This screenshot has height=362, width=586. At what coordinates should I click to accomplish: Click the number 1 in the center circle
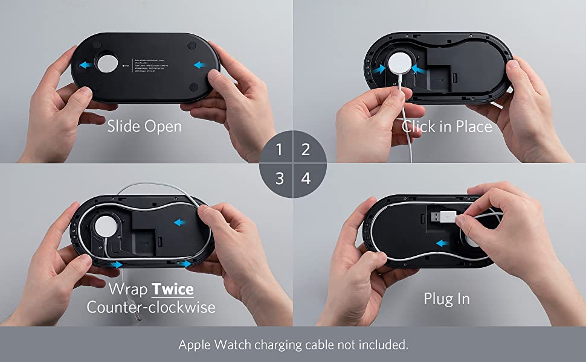click(x=279, y=149)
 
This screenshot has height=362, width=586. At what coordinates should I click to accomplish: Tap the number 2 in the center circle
click(x=306, y=149)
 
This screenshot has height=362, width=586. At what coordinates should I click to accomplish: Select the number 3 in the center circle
click(x=279, y=179)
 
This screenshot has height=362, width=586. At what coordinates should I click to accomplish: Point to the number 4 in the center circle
click(x=306, y=179)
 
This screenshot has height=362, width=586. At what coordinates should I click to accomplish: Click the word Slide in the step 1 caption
click(x=123, y=127)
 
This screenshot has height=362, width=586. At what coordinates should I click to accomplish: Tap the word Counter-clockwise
click(x=151, y=307)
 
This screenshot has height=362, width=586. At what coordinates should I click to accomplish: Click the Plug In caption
click(x=446, y=299)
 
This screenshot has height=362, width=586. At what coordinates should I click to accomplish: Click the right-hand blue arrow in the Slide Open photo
click(x=199, y=64)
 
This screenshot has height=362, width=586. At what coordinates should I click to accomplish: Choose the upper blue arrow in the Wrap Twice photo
click(x=180, y=222)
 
